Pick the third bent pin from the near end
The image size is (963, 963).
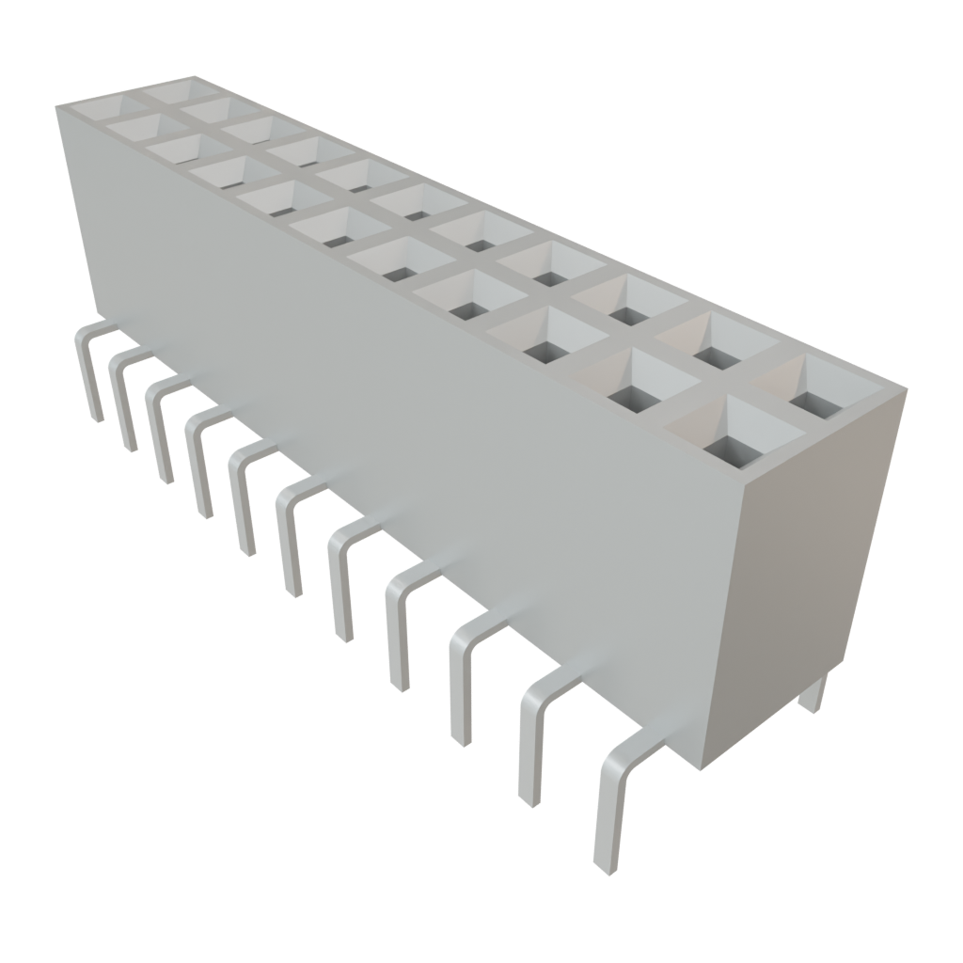[x=461, y=677]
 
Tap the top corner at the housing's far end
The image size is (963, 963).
[x=58, y=106]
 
